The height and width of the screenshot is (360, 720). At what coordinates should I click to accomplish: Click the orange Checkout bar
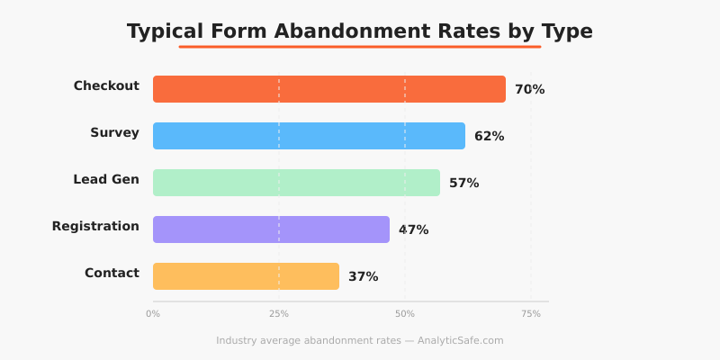point(329,89)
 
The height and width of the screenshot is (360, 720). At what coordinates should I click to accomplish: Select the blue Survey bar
point(309,136)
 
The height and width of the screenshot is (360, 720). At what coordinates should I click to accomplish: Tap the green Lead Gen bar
point(296,183)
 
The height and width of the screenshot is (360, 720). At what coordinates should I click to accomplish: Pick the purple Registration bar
point(271,229)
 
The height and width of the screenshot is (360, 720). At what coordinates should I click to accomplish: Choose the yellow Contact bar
point(246,276)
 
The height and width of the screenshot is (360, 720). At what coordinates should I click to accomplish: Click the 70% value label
point(529,90)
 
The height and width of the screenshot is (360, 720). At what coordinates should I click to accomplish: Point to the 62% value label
point(489,137)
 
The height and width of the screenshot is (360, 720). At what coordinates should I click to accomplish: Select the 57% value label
point(463,184)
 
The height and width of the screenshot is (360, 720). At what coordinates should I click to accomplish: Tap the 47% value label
point(413,230)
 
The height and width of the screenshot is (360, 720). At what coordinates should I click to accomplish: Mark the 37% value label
point(363,277)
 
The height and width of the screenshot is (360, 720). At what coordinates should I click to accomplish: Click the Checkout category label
point(106,86)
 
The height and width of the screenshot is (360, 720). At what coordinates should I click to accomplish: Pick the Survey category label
point(114,133)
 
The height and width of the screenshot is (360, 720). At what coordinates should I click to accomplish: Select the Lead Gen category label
point(106,180)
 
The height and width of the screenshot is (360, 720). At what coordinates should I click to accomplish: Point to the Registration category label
point(95,227)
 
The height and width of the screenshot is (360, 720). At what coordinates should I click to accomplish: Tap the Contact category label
point(112,274)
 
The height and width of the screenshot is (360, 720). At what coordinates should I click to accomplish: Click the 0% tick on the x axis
point(153,314)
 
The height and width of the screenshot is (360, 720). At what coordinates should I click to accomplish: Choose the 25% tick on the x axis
point(279,314)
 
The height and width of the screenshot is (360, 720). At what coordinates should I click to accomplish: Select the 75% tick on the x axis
point(531,314)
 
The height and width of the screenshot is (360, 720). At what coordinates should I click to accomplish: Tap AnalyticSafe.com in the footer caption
point(460,341)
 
